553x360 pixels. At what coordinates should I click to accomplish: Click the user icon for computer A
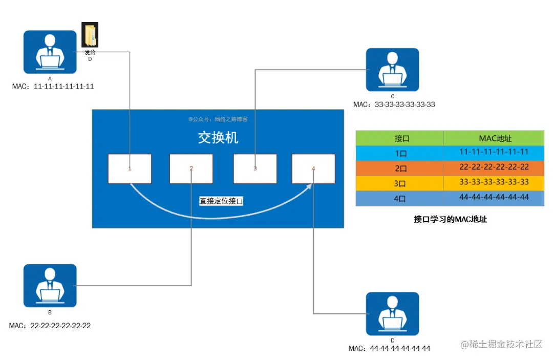pyautogui.click(x=50, y=52)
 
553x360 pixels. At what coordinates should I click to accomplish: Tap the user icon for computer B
pyautogui.click(x=50, y=285)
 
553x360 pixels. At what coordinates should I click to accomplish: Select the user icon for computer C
pyautogui.click(x=392, y=70)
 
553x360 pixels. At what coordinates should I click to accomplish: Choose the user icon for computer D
pyautogui.click(x=392, y=313)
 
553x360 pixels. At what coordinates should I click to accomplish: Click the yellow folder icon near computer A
pyautogui.click(x=90, y=35)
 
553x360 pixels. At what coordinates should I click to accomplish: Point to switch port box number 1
pyautogui.click(x=130, y=168)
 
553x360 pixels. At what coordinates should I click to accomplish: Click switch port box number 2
pyautogui.click(x=191, y=168)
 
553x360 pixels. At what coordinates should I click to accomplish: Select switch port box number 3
pyautogui.click(x=255, y=168)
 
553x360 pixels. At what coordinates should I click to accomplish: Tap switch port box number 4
pyautogui.click(x=313, y=168)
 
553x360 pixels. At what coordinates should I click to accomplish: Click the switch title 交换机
pyautogui.click(x=218, y=138)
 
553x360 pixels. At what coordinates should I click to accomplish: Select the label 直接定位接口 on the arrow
pyautogui.click(x=221, y=201)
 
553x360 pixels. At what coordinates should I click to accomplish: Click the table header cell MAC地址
pyautogui.click(x=494, y=138)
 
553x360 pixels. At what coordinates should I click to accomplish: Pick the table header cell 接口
pyautogui.click(x=400, y=138)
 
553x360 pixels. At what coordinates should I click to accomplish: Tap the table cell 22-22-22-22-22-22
pyautogui.click(x=494, y=167)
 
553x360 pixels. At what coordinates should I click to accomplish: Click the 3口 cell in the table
pyautogui.click(x=400, y=183)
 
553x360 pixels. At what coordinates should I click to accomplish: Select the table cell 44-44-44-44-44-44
pyautogui.click(x=494, y=197)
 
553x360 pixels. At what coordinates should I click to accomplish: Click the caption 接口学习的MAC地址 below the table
pyautogui.click(x=450, y=219)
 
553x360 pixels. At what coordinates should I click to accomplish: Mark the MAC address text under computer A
pyautogui.click(x=53, y=87)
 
